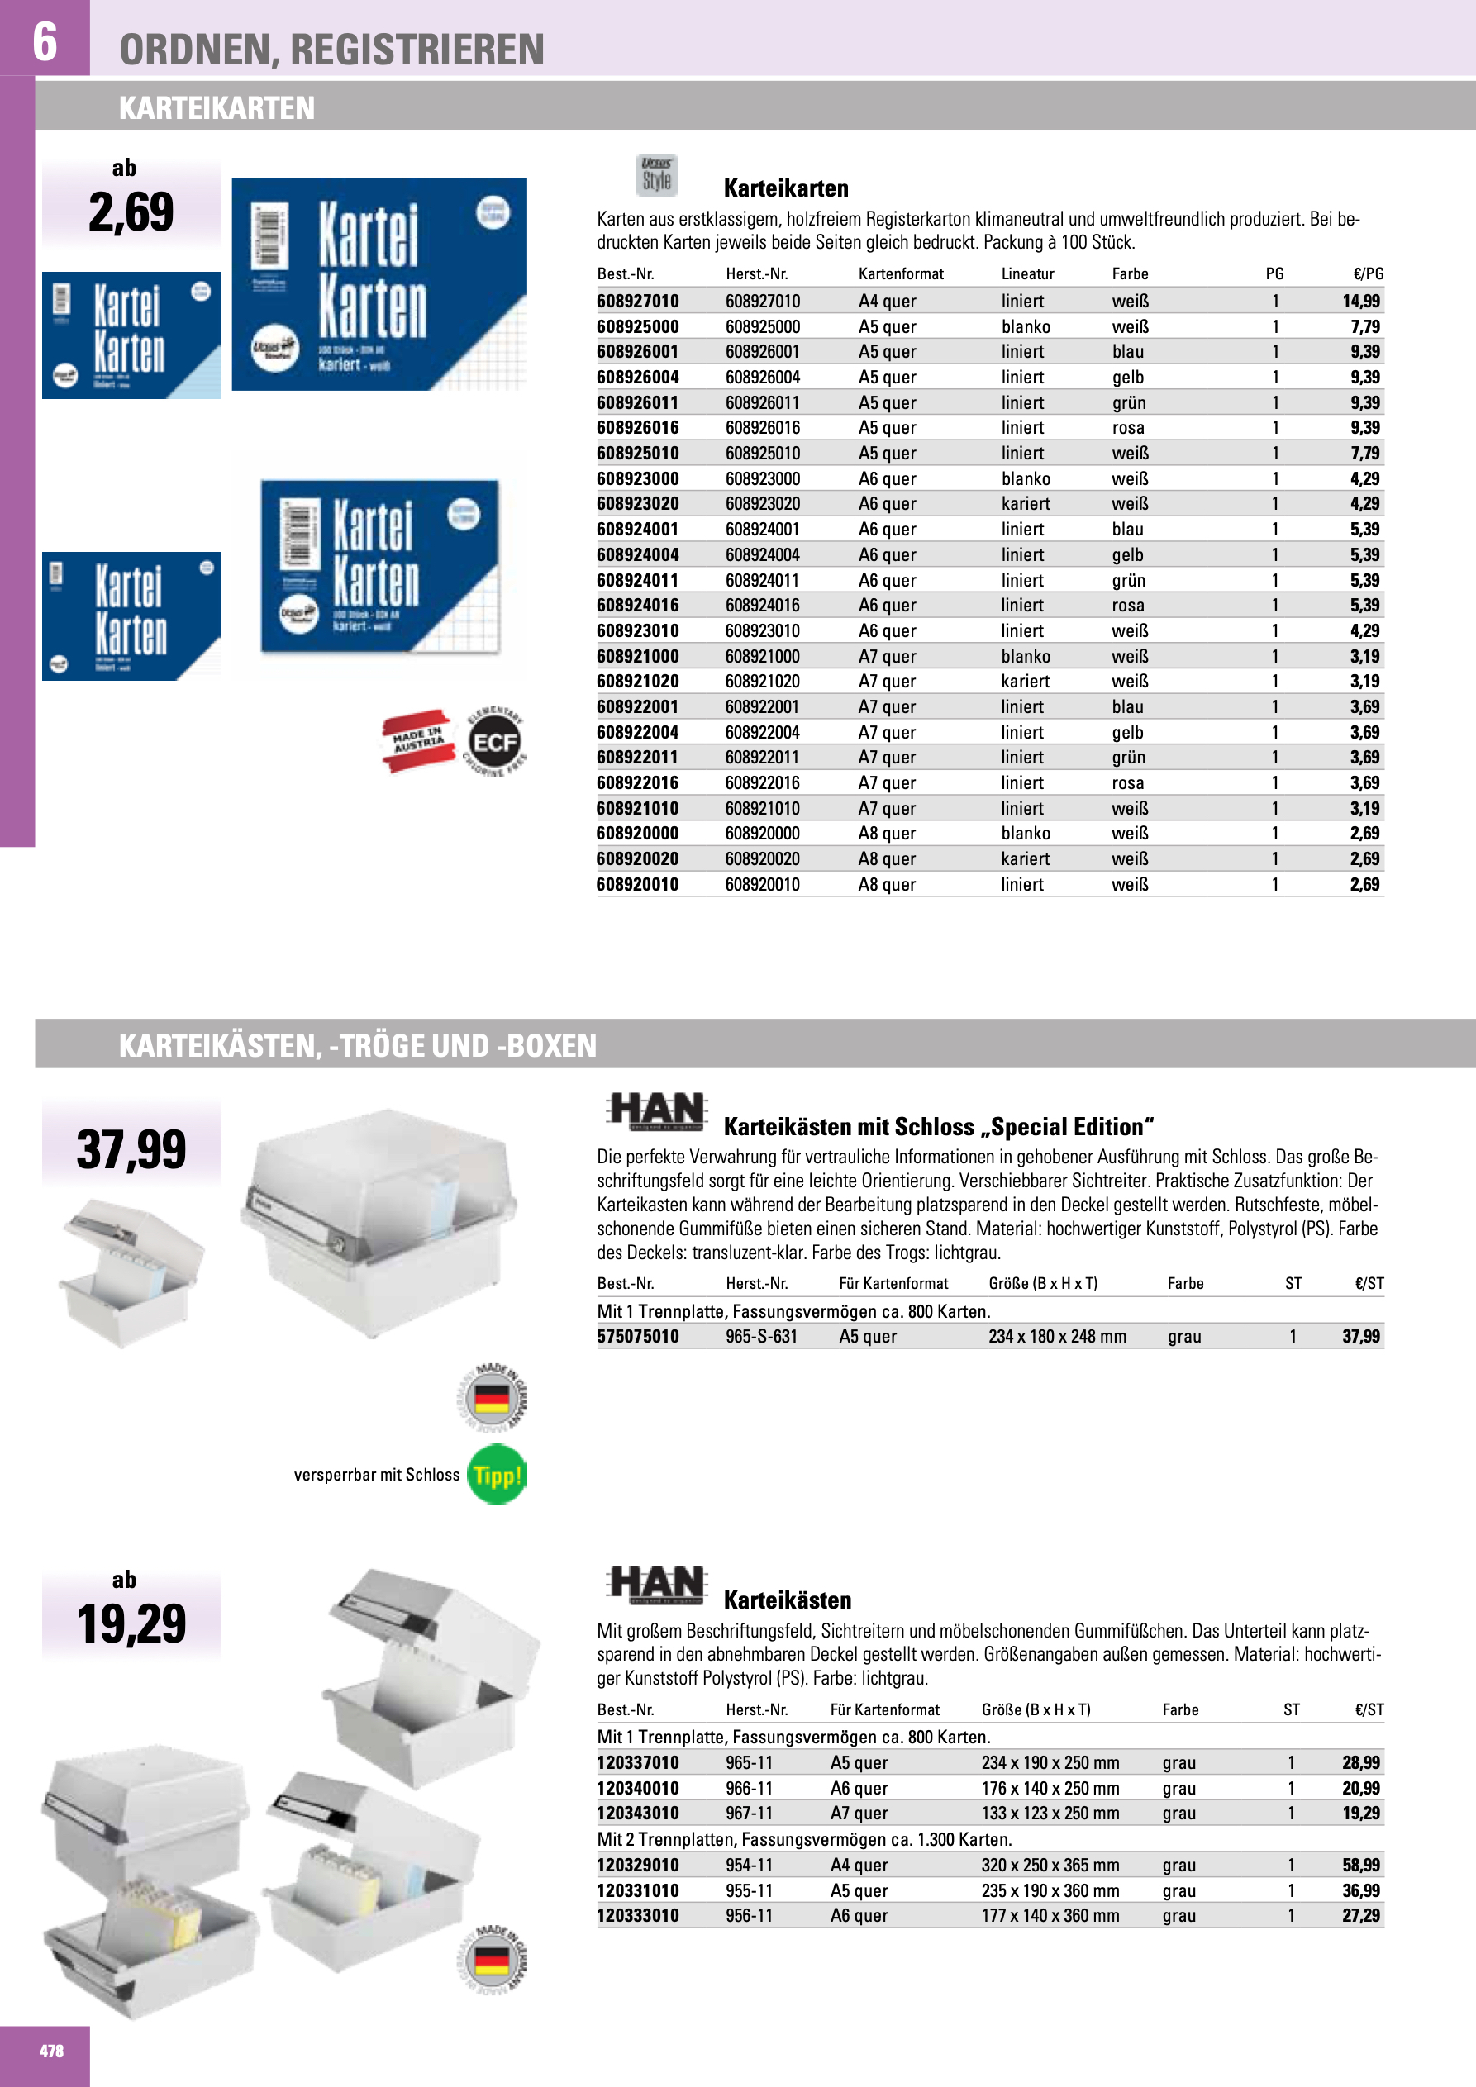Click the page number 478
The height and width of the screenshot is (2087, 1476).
pos(51,2051)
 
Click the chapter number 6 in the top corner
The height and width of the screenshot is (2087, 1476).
pos(45,41)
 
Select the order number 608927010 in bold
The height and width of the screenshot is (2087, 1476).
pos(637,301)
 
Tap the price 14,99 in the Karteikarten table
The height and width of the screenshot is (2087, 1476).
pos(1360,301)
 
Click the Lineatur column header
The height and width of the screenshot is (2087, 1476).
pos(1027,273)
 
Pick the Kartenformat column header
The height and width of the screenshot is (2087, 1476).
pos(900,273)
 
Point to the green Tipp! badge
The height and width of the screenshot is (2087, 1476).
pos(497,1474)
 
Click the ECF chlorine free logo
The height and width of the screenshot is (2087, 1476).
pos(495,742)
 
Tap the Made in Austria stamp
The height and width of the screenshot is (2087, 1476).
pos(418,740)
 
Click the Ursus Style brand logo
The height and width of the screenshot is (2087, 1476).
pos(657,174)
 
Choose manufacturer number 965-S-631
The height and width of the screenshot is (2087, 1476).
pos(761,1336)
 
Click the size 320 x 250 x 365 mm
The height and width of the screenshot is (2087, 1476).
pos(1050,1866)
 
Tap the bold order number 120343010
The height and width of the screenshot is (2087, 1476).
pos(637,1813)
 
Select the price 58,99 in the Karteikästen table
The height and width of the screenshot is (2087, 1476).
pos(1360,1866)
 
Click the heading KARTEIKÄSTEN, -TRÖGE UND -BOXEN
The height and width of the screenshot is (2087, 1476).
pos(357,1045)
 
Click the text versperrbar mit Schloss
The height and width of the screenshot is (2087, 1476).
pos(377,1474)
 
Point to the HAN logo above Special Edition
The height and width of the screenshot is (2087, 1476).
pos(657,1110)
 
